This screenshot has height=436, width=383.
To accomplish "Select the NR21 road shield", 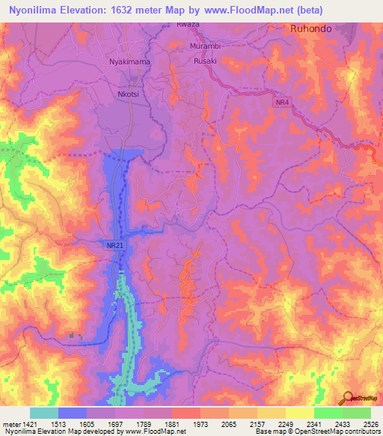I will (x=111, y=245).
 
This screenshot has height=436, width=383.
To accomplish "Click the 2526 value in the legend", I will (x=370, y=423).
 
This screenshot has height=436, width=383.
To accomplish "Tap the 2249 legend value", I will (x=286, y=423).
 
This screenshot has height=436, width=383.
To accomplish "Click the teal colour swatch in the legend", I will (x=44, y=413).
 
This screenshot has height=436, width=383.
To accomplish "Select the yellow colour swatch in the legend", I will (x=300, y=413).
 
